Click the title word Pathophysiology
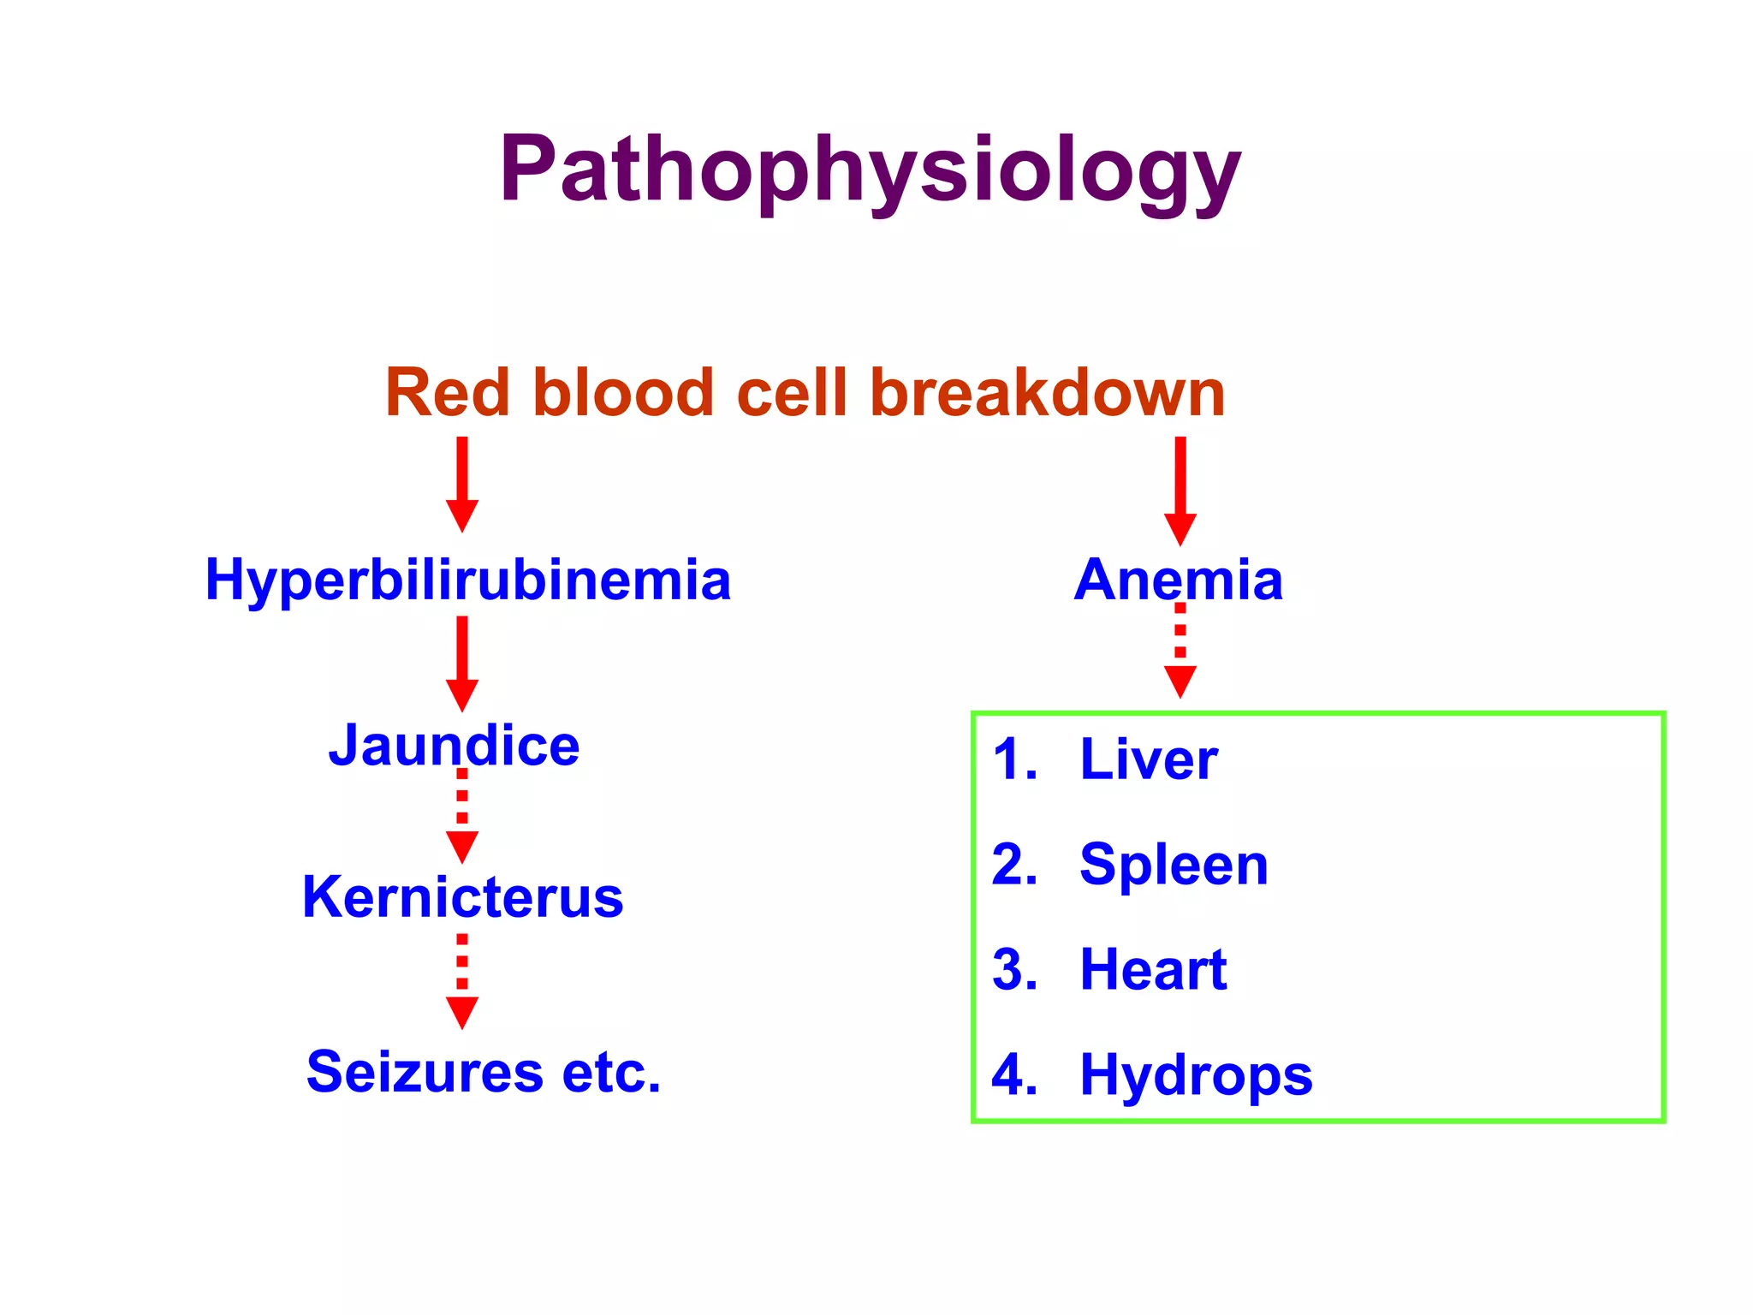point(870,171)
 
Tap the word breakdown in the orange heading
point(1048,393)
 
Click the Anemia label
point(1179,580)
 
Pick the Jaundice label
point(455,746)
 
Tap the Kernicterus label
point(463,897)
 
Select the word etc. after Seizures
point(611,1072)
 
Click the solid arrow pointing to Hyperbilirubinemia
point(462,485)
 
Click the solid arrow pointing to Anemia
point(1180,491)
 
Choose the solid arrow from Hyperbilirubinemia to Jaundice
point(462,663)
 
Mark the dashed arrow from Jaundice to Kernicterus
point(462,818)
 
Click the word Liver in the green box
point(1149,759)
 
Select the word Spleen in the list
point(1174,865)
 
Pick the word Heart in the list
point(1153,970)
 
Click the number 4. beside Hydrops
point(1015,1075)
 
